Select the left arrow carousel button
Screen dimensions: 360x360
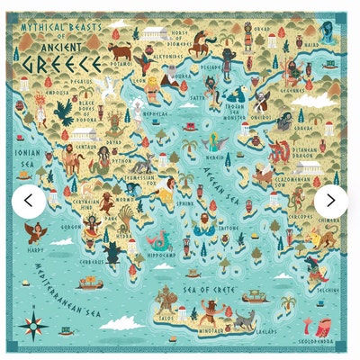click(x=28, y=201)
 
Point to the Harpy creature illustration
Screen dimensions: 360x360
click(x=37, y=232)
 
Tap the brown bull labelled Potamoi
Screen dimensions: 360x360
click(x=120, y=54)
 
